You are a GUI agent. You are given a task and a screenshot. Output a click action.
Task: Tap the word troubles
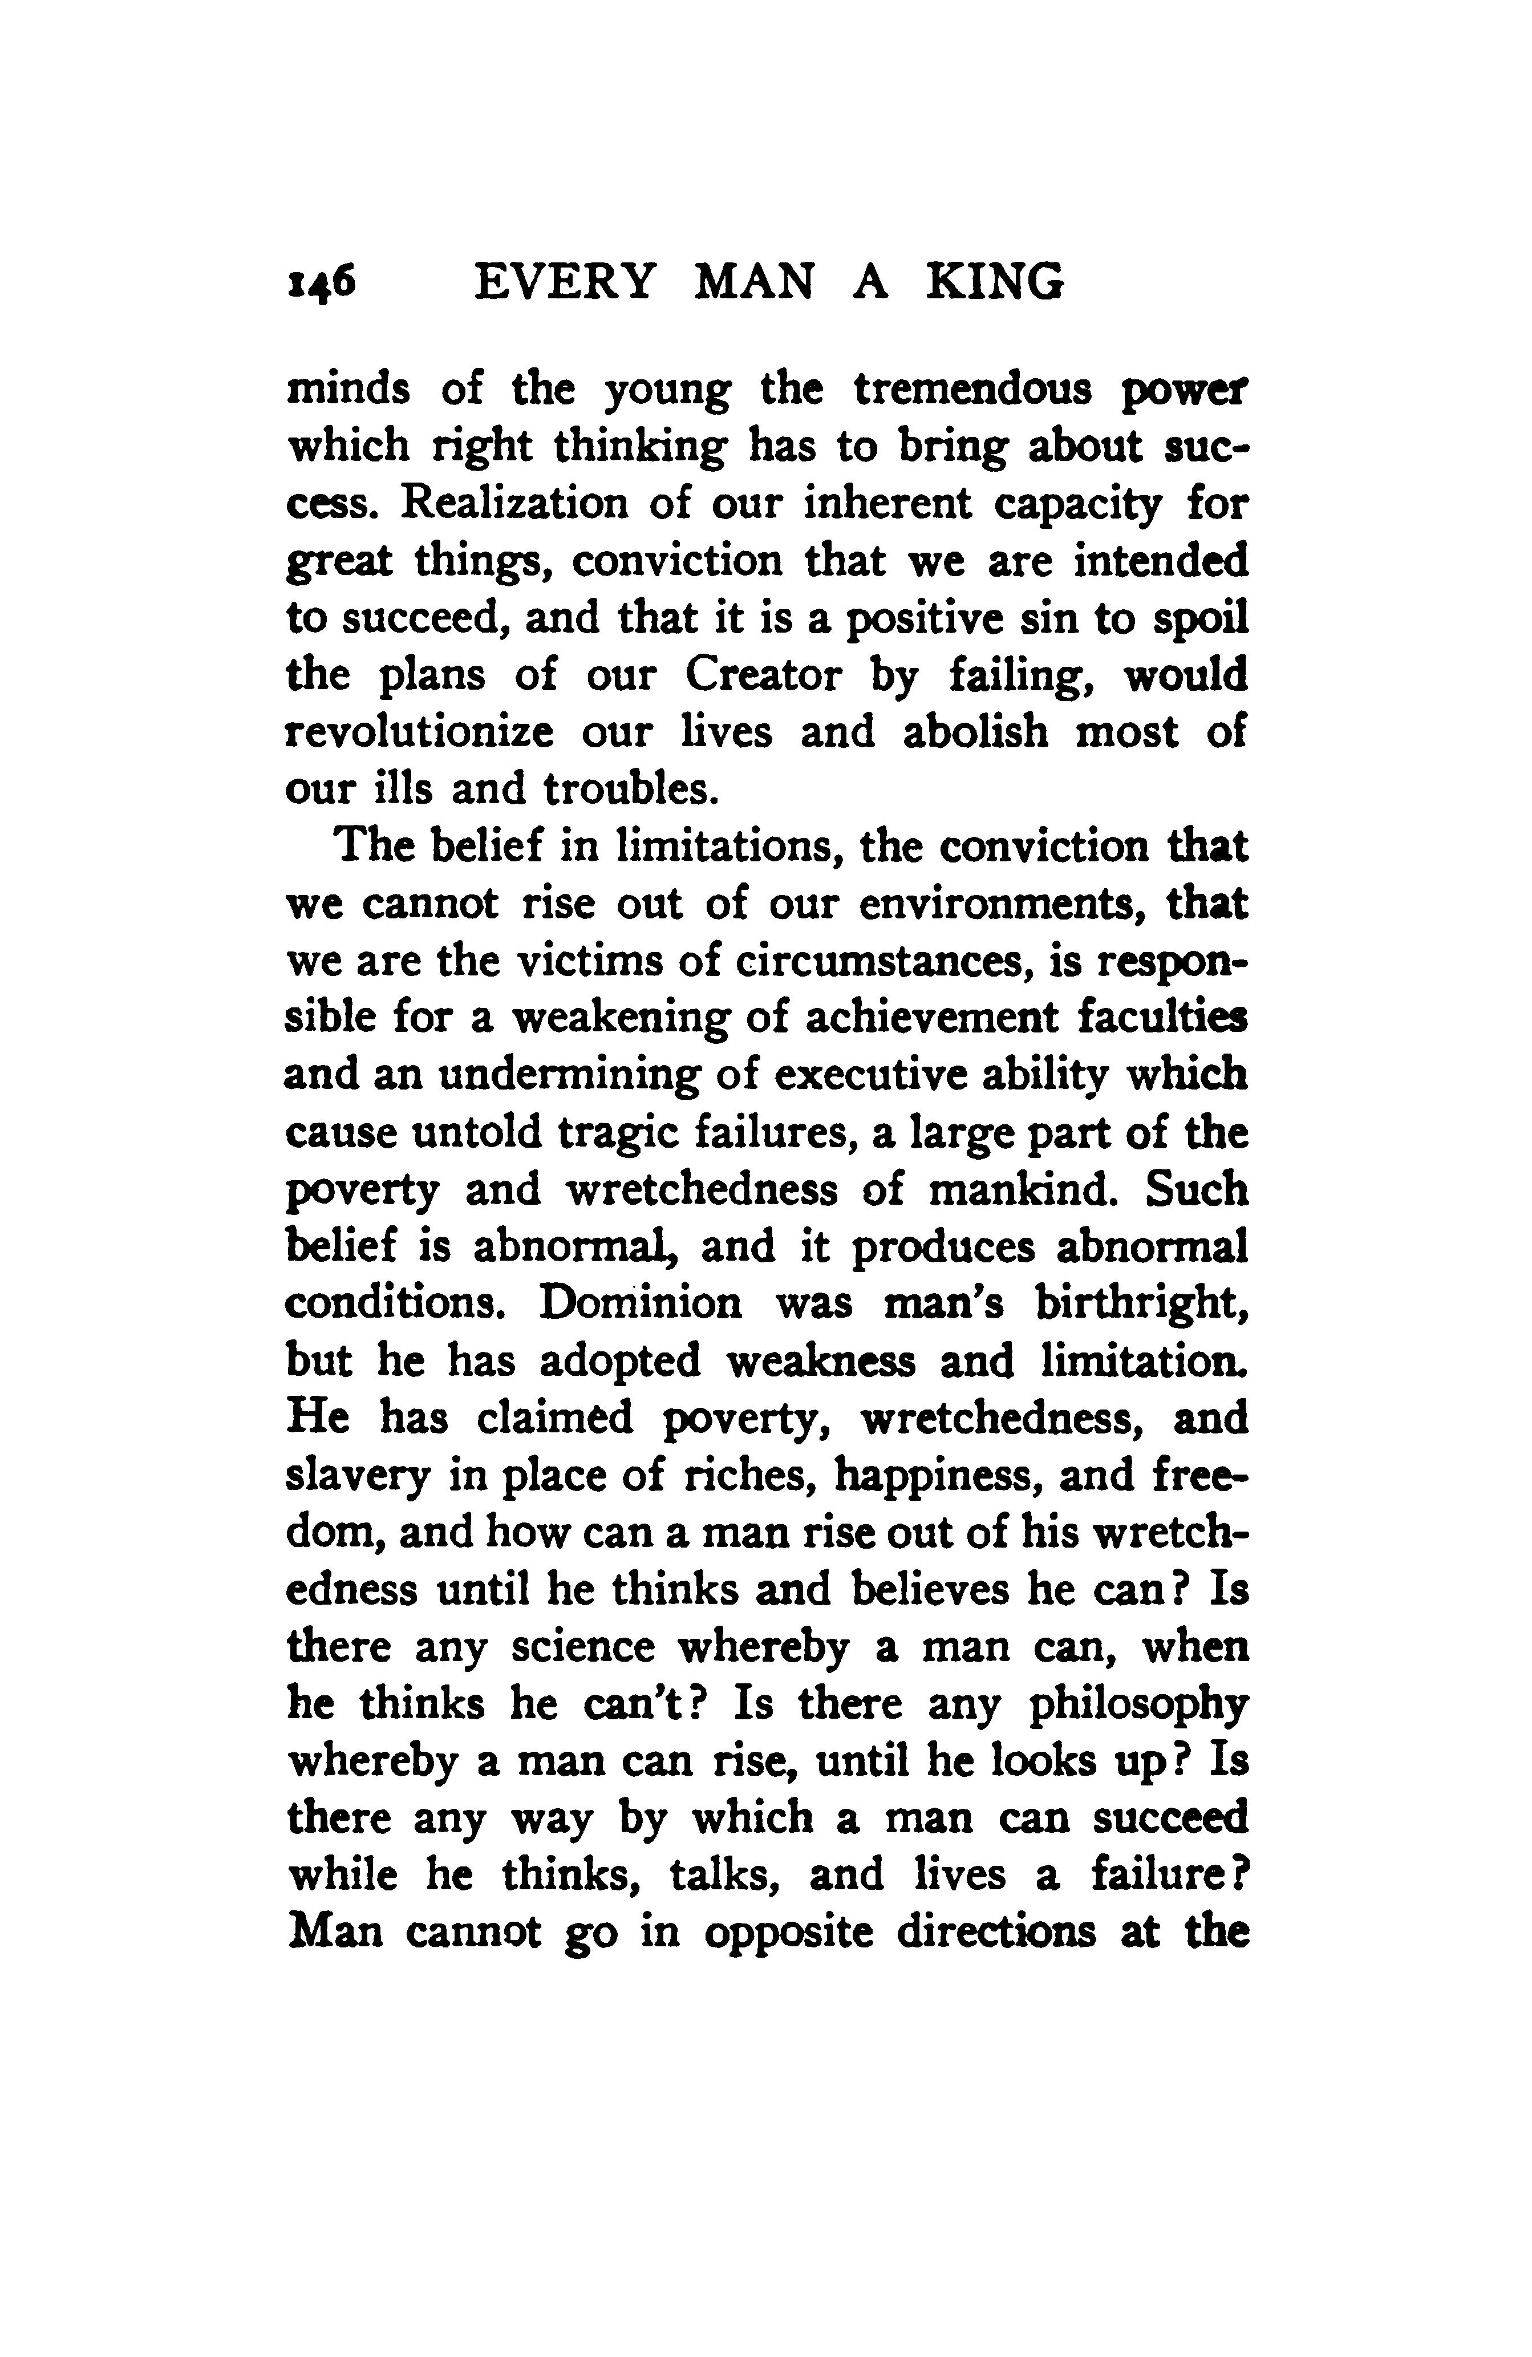(627, 790)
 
